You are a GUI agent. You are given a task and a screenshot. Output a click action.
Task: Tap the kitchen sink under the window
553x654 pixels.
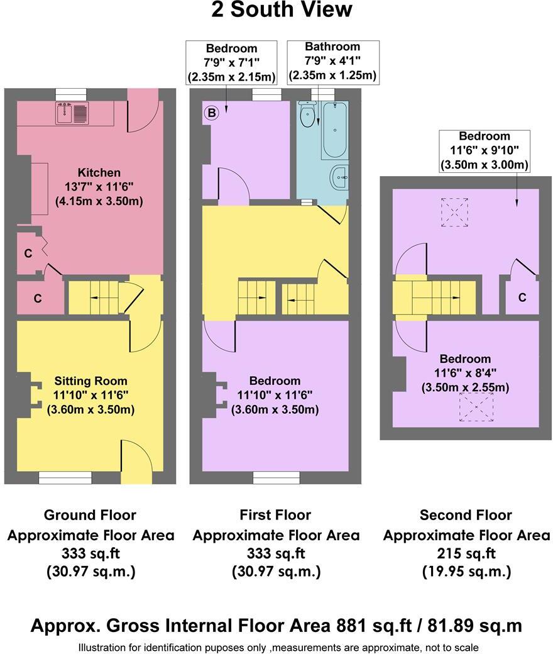pyautogui.click(x=74, y=113)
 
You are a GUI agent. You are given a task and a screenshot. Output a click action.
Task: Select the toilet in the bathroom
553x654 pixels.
pyautogui.click(x=307, y=115)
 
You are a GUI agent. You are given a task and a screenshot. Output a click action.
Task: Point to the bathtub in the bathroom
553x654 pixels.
pyautogui.click(x=334, y=130)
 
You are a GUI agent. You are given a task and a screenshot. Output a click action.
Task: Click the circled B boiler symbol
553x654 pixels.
pyautogui.click(x=212, y=113)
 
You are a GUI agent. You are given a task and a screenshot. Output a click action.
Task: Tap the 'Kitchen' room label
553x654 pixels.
pyautogui.click(x=99, y=172)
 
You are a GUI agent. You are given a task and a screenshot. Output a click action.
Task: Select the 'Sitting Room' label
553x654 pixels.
pyautogui.click(x=90, y=380)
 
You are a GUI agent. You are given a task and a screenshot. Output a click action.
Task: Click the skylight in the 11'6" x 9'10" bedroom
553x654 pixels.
pyautogui.click(x=454, y=211)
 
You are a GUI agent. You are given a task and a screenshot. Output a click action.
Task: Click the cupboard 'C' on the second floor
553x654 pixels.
pyautogui.click(x=522, y=297)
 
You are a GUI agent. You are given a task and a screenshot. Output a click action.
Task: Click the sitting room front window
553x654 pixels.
pyautogui.click(x=65, y=478)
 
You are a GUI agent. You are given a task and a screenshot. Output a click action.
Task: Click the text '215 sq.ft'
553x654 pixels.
pyautogui.click(x=466, y=553)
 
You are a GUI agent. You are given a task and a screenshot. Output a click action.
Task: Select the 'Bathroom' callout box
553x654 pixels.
pyautogui.click(x=332, y=61)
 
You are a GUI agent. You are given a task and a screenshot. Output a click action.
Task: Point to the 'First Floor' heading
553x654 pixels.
pyautogui.click(x=275, y=515)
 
